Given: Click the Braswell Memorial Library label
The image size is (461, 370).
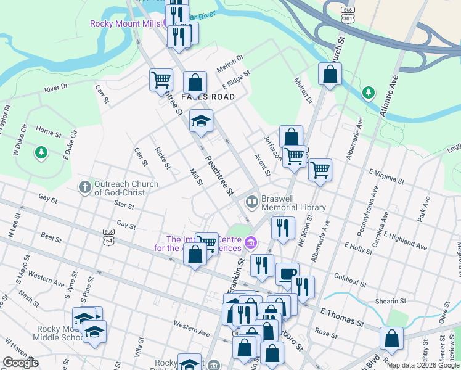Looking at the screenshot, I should [x=293, y=203].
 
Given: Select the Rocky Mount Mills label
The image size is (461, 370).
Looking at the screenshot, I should [x=125, y=24].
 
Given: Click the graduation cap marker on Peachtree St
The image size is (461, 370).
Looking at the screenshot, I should [x=201, y=120].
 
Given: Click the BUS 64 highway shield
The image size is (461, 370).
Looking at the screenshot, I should [x=109, y=236].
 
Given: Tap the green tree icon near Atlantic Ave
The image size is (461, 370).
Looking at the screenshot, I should [x=369, y=93].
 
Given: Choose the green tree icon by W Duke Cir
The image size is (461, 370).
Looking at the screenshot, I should [x=41, y=152].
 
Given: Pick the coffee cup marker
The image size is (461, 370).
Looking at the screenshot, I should [x=286, y=274].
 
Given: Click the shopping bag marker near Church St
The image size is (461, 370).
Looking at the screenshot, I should [x=330, y=75].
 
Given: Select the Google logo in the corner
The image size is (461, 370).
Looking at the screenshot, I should [x=21, y=362].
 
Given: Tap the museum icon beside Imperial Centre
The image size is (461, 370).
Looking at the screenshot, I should [x=250, y=242].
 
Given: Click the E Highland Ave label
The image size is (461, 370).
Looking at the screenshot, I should [x=404, y=240].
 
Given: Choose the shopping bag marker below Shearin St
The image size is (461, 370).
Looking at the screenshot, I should [x=391, y=339].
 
